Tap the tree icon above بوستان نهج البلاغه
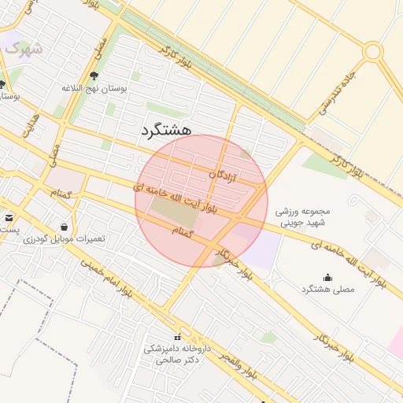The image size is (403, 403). click(x=95, y=76)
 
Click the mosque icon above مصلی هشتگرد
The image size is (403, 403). click(x=327, y=276)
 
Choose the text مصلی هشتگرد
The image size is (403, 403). click(x=327, y=290)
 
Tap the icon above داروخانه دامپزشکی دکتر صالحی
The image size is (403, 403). click(x=176, y=338)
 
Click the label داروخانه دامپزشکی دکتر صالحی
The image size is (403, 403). click(x=176, y=353)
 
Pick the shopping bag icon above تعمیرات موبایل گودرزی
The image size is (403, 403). click(x=63, y=227)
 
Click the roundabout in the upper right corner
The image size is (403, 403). click(x=373, y=52)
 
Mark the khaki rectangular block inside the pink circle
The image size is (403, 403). click(x=173, y=210)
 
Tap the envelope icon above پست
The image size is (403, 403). click(x=9, y=217)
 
